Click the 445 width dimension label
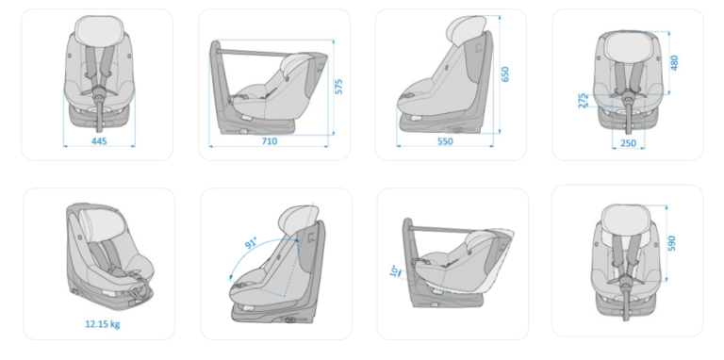[99, 141]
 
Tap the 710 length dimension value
[270, 141]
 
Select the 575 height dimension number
[339, 87]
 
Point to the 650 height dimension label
[504, 74]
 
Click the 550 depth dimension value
[445, 141]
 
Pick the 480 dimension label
[675, 63]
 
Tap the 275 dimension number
[583, 101]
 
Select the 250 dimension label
[629, 143]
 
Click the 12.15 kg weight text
[103, 324]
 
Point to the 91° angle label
[251, 243]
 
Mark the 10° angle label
[394, 270]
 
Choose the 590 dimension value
[671, 243]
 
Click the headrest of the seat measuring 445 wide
[97, 30]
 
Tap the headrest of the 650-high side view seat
[467, 27]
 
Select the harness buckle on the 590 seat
[625, 280]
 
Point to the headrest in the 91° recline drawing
[297, 218]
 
